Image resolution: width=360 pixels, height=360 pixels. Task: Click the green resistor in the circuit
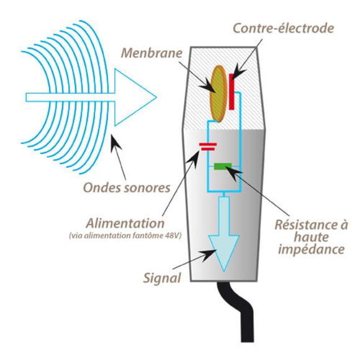[222, 166]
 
